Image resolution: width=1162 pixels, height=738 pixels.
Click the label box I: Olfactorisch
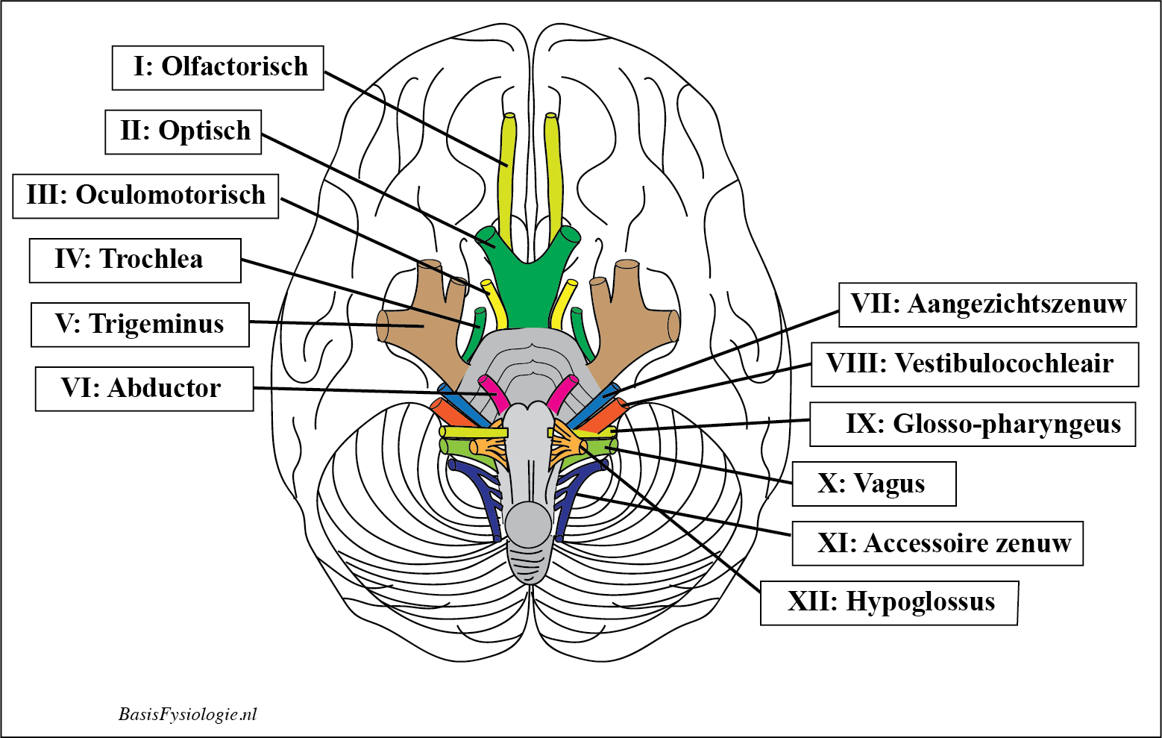click(x=218, y=68)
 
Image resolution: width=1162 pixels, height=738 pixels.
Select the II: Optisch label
click(x=183, y=132)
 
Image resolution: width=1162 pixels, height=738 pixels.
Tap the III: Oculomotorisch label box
click(x=145, y=196)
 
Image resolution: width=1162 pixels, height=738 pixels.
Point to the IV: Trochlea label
click(x=135, y=260)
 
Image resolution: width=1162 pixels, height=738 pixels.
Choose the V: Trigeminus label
click(x=140, y=325)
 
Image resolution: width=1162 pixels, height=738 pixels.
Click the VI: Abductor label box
click(x=144, y=389)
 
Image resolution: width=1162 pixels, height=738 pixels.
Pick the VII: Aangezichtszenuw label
click(x=987, y=304)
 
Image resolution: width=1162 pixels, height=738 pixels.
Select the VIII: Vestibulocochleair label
click(x=974, y=364)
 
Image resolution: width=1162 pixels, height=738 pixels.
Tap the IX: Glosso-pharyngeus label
click(x=973, y=424)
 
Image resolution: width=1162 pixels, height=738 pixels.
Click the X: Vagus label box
click(x=873, y=484)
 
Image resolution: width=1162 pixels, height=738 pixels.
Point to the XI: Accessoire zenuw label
click(x=937, y=543)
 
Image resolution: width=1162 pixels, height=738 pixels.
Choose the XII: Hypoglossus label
click(x=889, y=602)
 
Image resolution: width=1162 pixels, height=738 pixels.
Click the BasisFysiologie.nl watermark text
click(x=187, y=714)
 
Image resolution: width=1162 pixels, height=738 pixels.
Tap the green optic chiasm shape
click(x=530, y=287)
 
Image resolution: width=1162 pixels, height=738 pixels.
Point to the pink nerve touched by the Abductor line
click(x=493, y=391)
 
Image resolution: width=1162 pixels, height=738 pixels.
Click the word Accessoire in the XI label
click(x=916, y=543)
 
